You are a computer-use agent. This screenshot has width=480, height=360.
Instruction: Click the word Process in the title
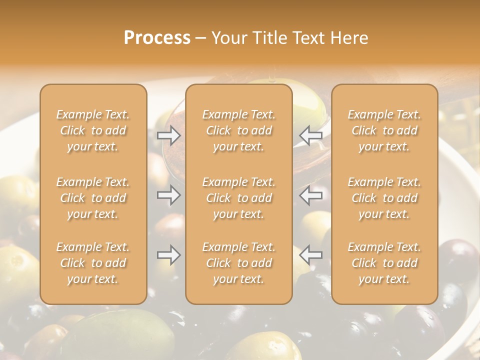[x=157, y=38]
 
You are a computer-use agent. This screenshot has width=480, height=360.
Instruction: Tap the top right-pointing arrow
[x=168, y=135]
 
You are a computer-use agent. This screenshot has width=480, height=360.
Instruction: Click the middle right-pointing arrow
[x=168, y=195]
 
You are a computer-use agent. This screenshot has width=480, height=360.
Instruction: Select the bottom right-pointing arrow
[x=168, y=255]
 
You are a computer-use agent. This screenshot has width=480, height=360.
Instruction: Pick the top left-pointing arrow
[x=311, y=135]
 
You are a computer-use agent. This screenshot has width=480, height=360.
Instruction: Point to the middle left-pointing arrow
[x=311, y=195]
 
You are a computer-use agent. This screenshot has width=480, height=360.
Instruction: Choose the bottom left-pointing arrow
[x=311, y=255]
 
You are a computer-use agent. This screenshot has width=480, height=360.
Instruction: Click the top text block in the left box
[x=93, y=130]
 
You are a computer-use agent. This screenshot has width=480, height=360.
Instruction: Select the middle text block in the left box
[x=93, y=198]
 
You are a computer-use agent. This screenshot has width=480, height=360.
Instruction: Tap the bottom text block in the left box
[x=93, y=263]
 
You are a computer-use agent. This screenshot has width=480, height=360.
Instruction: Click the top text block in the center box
[x=239, y=130]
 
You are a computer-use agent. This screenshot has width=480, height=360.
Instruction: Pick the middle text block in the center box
[x=239, y=198]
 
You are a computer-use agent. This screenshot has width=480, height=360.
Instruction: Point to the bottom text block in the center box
[x=239, y=263]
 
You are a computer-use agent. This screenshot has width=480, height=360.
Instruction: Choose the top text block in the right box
[x=384, y=130]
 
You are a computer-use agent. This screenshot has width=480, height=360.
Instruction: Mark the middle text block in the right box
[x=384, y=198]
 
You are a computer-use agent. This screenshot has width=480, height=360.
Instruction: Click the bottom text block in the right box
[x=384, y=263]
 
